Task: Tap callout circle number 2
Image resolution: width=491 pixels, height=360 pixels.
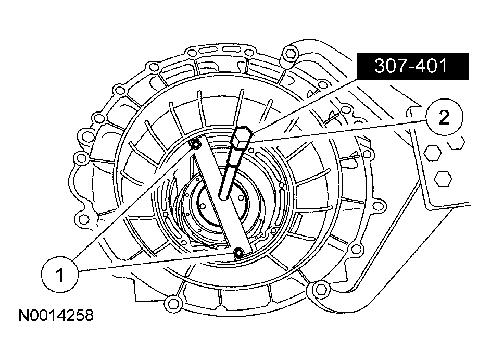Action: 443,118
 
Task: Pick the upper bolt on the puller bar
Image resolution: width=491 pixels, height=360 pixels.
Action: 196,144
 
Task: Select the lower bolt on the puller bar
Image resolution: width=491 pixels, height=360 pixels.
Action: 239,253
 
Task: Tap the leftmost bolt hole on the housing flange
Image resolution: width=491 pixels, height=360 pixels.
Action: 80,157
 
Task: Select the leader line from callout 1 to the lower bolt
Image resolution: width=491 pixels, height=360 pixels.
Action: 156,263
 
